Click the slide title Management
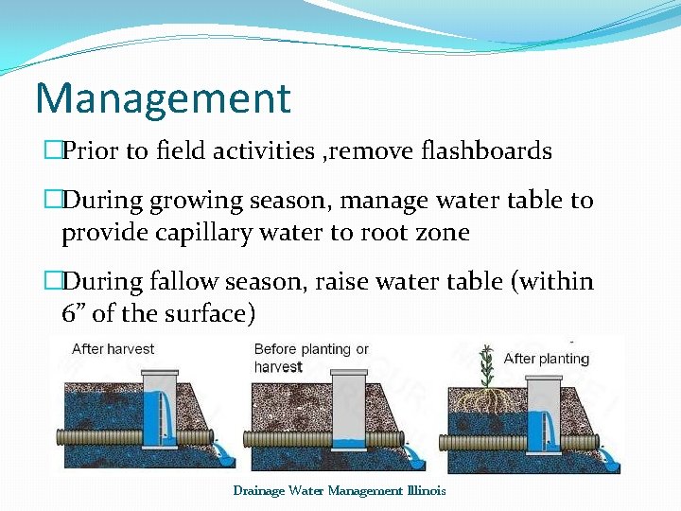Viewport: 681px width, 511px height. (162, 97)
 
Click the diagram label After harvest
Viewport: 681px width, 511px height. (113, 349)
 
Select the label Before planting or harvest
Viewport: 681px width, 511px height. (311, 358)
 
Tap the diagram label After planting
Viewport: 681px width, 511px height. (546, 359)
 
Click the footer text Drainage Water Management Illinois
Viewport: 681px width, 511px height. (339, 490)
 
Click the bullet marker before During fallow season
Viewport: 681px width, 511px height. (52, 282)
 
